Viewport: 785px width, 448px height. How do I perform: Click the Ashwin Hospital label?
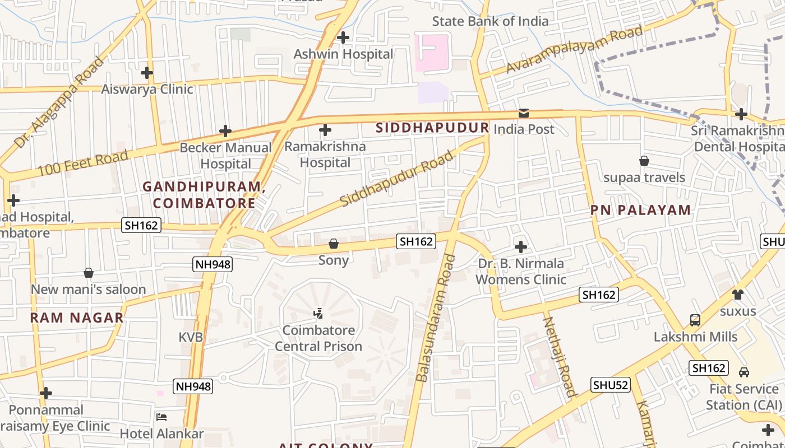tap(343, 54)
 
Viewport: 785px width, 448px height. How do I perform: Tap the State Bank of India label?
tap(490, 21)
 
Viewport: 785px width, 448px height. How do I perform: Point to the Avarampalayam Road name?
tap(574, 49)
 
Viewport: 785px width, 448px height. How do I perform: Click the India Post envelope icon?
tap(523, 113)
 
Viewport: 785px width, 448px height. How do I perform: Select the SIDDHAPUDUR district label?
tap(432, 128)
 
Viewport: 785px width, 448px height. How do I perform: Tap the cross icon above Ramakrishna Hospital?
tap(325, 130)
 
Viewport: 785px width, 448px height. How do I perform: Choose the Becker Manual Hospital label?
tap(225, 156)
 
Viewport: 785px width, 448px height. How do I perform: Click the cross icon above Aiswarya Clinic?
tap(146, 73)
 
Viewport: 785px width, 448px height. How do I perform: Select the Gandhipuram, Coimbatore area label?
tap(204, 194)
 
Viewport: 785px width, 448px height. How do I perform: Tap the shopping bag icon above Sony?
tap(334, 244)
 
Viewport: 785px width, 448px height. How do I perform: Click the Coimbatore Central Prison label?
tap(318, 338)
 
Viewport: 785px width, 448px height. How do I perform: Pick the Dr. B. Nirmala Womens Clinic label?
tap(521, 271)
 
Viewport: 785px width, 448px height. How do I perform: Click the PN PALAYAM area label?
tap(640, 210)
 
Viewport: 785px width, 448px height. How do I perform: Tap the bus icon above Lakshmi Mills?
tap(695, 320)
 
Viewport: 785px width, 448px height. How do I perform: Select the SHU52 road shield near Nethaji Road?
tap(611, 385)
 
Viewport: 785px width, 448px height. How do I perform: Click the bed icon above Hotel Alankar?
tap(161, 417)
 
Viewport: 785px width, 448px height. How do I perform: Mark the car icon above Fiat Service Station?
tap(744, 372)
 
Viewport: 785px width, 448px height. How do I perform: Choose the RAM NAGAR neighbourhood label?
tap(77, 318)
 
